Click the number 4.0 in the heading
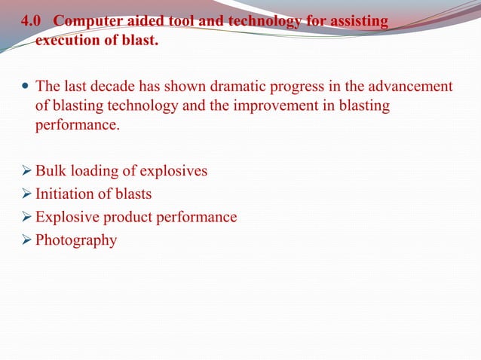(31, 22)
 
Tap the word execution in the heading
(69, 40)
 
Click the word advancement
(408, 87)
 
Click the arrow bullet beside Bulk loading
(26, 172)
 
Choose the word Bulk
(51, 171)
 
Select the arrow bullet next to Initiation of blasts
(26, 194)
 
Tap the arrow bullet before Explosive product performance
(26, 218)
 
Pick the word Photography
(76, 242)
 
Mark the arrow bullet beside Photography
(26, 241)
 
